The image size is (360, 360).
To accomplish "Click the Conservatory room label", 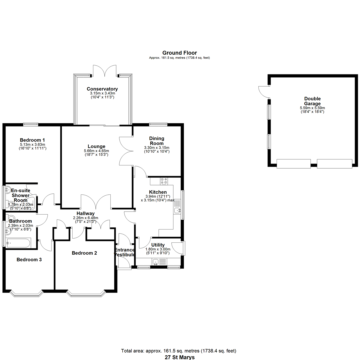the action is (102, 89).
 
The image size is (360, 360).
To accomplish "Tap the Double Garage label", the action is (312, 101).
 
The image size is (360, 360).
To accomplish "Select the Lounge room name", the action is (96, 146).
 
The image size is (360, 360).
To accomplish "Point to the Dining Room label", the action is (157, 141).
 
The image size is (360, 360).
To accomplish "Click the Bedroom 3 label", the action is (29, 260).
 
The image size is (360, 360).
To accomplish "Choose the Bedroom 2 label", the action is (84, 253).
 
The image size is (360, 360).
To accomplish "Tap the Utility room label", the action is (158, 245).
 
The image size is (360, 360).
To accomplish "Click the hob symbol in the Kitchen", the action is (164, 181).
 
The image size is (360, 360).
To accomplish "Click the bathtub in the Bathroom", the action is (18, 243).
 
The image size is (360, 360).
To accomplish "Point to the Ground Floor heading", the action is (180, 53).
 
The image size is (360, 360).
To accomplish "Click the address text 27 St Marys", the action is (180, 357).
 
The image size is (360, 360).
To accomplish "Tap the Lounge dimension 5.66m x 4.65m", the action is (96, 151).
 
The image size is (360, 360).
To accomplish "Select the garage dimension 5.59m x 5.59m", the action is (312, 108).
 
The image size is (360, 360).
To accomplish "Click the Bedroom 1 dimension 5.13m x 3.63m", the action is (32, 145).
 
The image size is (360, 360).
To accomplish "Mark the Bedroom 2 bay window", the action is (86, 294).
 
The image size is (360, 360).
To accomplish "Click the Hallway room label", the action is (86, 214).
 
